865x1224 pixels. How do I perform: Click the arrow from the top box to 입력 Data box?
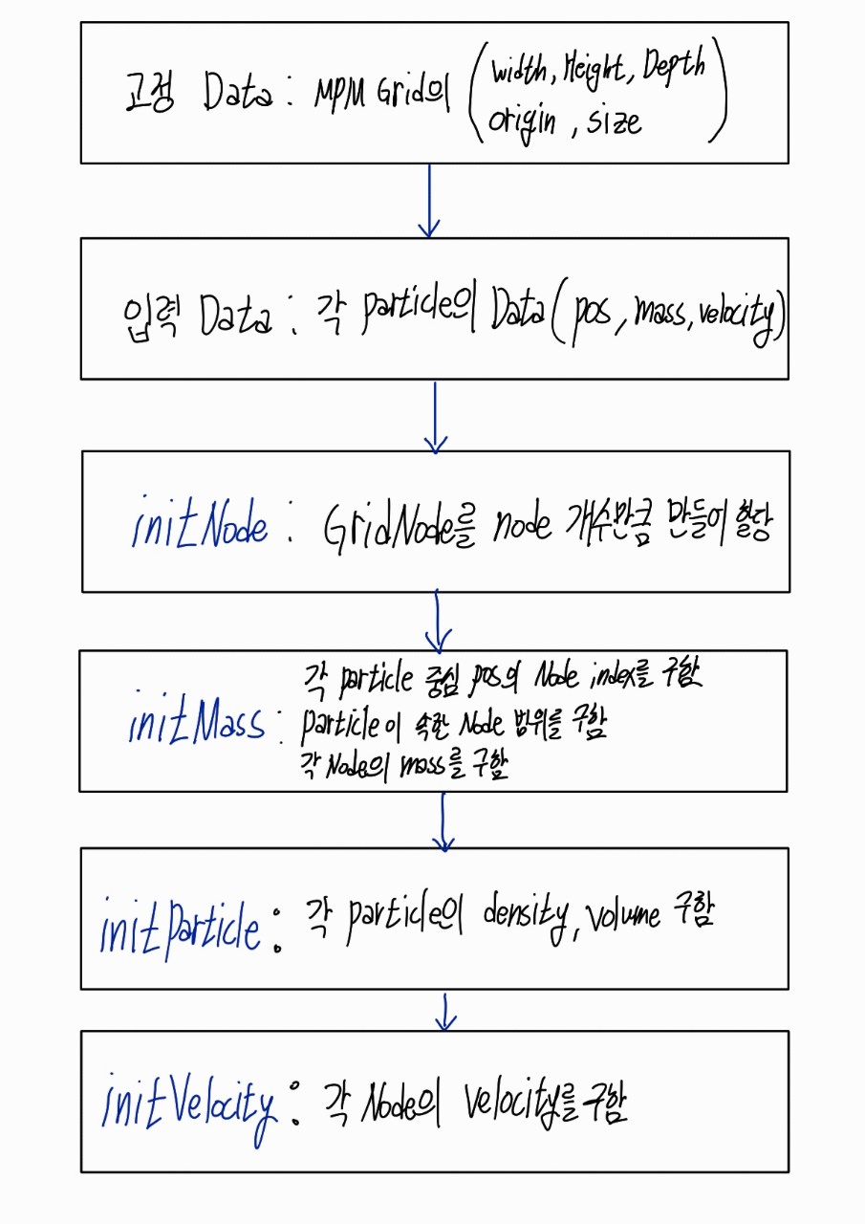click(x=430, y=201)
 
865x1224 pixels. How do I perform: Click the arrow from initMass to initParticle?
click(x=443, y=820)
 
